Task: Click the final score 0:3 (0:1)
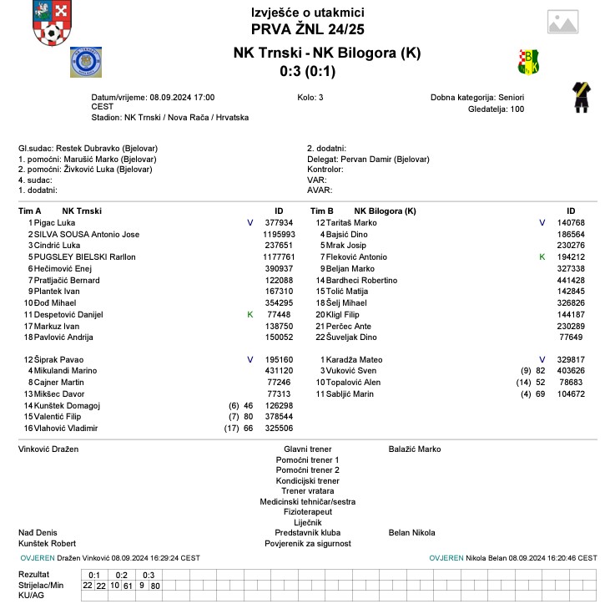point(307,71)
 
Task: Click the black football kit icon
point(578,96)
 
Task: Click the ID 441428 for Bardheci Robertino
point(571,280)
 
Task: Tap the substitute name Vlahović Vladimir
point(66,428)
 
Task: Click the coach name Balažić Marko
point(415,449)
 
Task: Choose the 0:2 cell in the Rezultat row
point(122,575)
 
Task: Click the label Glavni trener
point(308,449)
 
